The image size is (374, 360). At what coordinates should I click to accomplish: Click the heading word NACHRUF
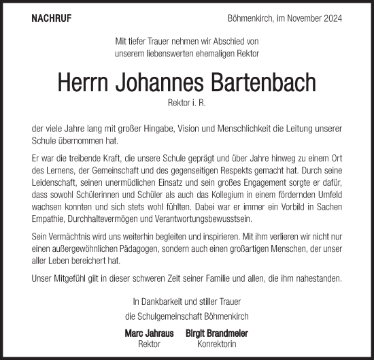[x=51, y=18]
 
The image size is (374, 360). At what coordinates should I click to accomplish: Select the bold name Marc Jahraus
[x=150, y=333]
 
